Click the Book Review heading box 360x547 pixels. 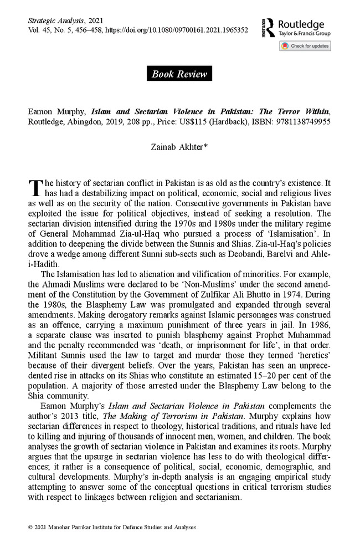coord(179,74)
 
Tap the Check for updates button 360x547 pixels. coord(305,46)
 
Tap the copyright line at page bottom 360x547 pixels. coord(112,527)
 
